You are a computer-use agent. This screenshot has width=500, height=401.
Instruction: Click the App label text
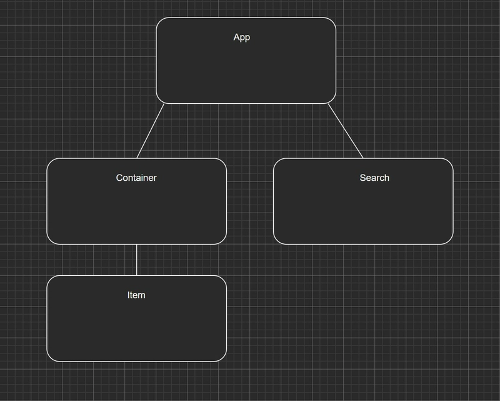click(242, 38)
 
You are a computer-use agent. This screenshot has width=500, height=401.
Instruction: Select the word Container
click(136, 178)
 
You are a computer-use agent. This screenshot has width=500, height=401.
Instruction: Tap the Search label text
click(374, 178)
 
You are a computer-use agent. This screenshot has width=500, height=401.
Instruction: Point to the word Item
click(136, 295)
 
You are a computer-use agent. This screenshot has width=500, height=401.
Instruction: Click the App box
click(246, 60)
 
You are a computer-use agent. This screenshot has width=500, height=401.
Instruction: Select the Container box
click(136, 201)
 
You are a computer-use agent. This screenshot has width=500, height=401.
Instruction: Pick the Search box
click(363, 201)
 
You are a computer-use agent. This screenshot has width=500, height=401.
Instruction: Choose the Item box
click(136, 318)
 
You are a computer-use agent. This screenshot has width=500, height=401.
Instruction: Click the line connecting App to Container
click(151, 131)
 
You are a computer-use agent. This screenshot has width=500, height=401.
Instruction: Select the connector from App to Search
click(346, 131)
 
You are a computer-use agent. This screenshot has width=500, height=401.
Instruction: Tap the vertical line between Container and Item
click(136, 260)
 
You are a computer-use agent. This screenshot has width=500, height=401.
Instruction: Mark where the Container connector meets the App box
click(164, 103)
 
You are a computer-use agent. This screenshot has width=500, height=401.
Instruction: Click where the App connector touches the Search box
click(363, 158)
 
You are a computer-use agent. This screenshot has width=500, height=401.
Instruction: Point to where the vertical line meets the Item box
click(136, 275)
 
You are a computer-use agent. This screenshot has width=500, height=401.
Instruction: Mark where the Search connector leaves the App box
click(328, 103)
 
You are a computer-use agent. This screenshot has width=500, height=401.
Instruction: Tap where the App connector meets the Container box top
click(137, 158)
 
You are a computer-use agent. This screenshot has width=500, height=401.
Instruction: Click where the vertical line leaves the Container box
click(136, 245)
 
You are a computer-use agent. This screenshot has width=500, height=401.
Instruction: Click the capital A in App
click(236, 37)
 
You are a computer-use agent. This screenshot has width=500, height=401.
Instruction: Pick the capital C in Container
click(119, 178)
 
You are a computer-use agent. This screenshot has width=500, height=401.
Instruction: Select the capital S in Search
click(362, 178)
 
